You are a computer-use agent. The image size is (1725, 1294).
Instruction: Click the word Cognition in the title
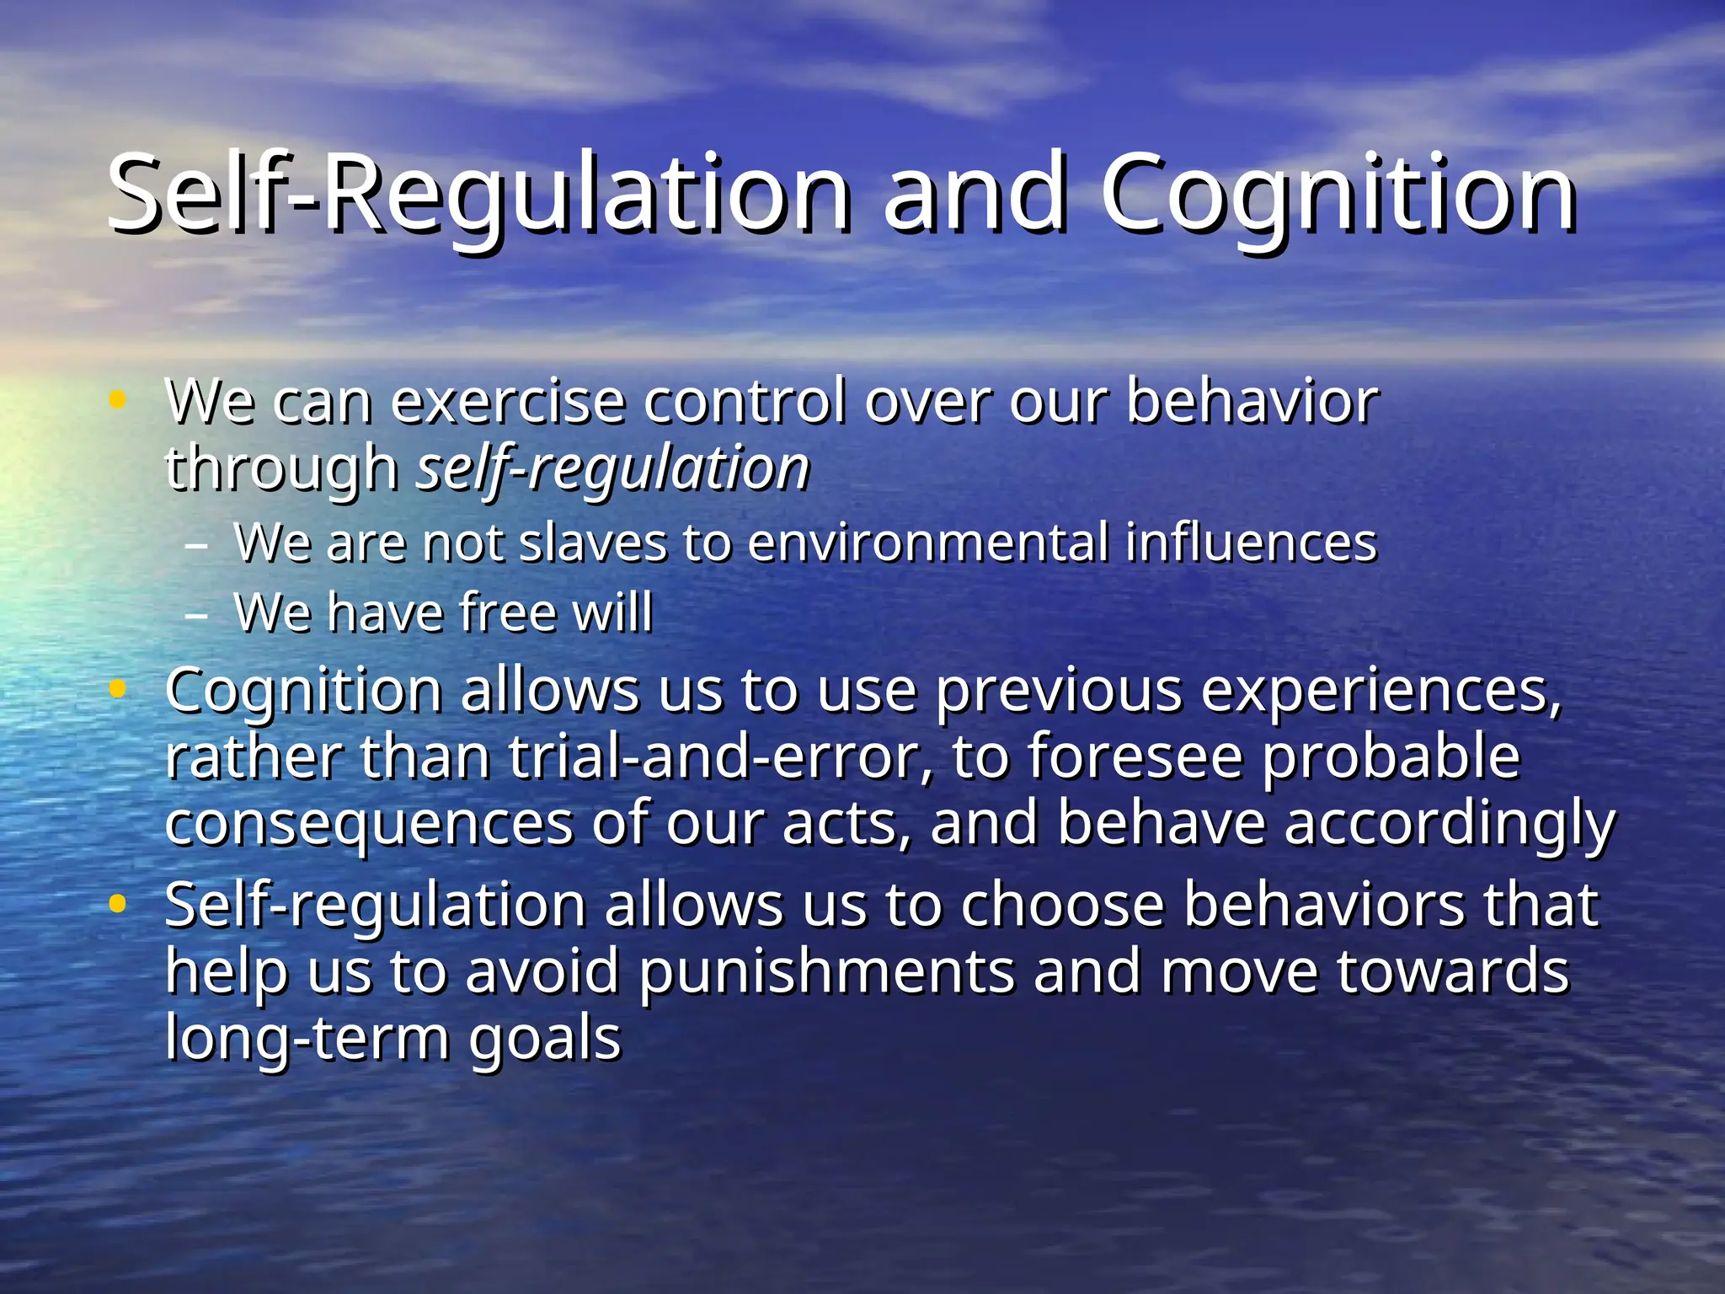1339,195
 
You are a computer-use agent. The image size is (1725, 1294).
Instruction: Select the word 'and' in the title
975,195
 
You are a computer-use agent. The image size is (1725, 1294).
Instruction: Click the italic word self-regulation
613,469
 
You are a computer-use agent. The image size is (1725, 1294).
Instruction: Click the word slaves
593,543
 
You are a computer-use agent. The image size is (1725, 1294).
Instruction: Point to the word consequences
369,824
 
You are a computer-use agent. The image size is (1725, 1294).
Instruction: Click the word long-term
307,1040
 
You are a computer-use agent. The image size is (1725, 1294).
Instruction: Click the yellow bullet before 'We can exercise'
118,401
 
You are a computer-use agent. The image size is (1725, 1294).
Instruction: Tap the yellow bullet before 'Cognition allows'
118,690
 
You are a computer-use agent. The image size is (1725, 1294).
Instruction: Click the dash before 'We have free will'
196,616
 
